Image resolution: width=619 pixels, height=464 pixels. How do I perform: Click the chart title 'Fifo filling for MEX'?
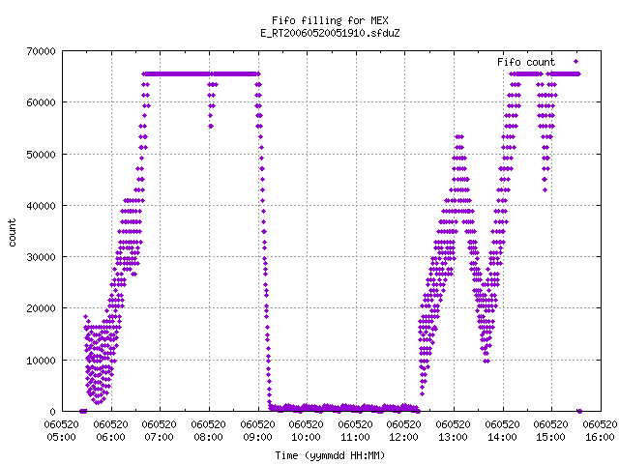[330, 20]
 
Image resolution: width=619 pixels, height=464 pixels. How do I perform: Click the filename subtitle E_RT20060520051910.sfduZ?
[330, 33]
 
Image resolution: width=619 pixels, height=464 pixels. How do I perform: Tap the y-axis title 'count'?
[13, 233]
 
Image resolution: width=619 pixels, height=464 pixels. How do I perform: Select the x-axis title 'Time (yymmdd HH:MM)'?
[330, 455]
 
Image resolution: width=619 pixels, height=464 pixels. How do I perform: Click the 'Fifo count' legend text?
[526, 62]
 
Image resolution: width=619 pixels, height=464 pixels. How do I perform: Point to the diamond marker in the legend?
[576, 62]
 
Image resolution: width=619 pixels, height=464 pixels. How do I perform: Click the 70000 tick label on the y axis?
[41, 51]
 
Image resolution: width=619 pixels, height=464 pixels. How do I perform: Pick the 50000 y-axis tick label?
[41, 155]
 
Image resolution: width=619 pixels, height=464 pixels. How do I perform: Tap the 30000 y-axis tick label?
[41, 257]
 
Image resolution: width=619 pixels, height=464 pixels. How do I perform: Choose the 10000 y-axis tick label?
[41, 361]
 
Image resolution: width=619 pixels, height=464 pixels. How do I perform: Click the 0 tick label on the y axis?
[52, 412]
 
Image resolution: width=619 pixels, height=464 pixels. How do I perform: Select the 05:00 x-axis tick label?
[61, 437]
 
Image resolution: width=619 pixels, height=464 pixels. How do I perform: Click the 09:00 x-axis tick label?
[258, 437]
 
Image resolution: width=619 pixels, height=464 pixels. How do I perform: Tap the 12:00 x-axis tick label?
[404, 437]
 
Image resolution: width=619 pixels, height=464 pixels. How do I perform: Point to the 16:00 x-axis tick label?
[600, 437]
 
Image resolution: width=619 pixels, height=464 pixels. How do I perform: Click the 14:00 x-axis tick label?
[502, 437]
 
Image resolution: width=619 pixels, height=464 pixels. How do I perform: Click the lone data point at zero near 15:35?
[579, 412]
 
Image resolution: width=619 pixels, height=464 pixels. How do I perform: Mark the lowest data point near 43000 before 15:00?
[545, 190]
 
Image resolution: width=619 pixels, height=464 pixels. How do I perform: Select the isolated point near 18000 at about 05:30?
[86, 316]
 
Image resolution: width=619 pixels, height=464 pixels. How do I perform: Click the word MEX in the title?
[379, 20]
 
